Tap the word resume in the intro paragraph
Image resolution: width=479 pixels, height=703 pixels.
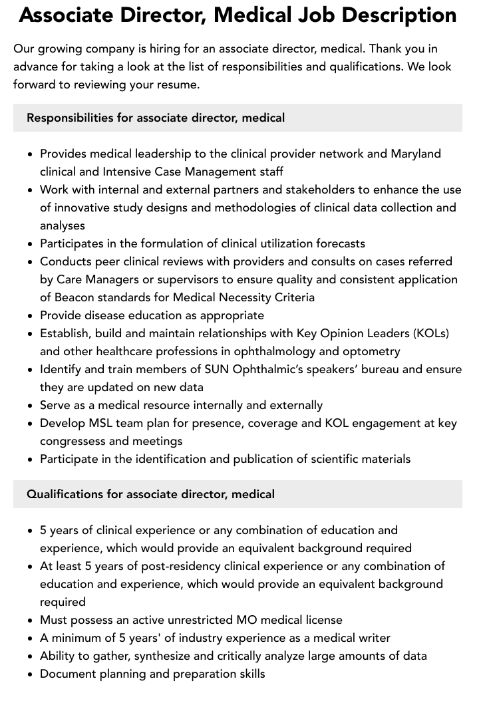[x=178, y=84]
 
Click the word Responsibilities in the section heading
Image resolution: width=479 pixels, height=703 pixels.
[x=70, y=118]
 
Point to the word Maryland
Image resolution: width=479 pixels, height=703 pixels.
[x=416, y=154]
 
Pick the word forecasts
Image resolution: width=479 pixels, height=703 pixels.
[x=333, y=243]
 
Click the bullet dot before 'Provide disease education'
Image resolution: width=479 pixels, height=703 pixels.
[x=30, y=316]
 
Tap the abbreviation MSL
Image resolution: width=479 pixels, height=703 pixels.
[x=102, y=423]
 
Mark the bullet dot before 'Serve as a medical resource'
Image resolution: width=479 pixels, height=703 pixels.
[x=30, y=406]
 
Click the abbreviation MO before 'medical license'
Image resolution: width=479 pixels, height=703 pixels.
[x=246, y=620]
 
